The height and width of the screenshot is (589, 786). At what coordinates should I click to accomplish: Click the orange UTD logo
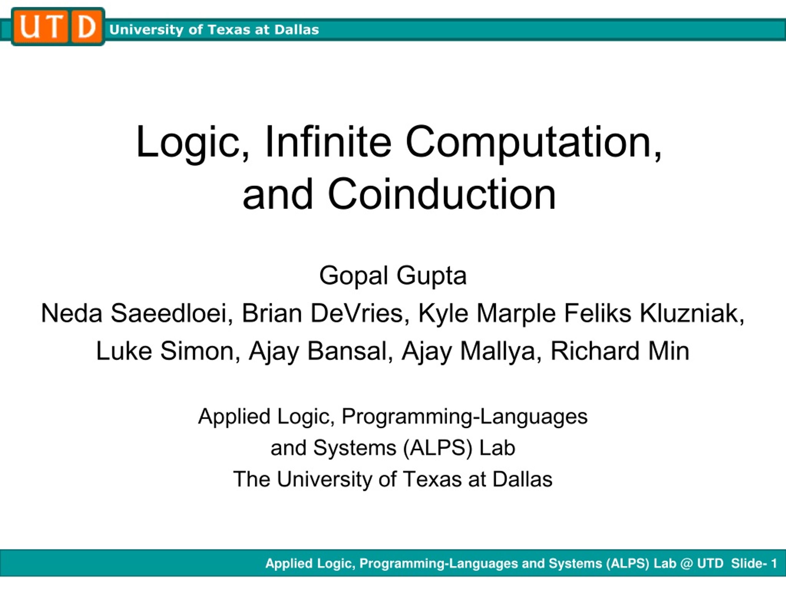pos(58,27)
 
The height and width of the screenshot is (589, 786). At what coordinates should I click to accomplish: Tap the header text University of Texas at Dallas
pos(214,30)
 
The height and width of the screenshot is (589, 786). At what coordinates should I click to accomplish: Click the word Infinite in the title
pos(328,142)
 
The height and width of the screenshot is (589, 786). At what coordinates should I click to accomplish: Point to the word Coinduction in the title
pos(442,194)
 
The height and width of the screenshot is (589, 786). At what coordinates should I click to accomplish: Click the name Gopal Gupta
pos(393,276)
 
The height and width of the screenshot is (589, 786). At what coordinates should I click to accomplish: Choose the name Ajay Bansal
pos(317,352)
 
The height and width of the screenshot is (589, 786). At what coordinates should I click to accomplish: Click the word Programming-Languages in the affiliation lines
pos(465,417)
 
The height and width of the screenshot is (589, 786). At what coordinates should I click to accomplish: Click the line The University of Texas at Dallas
pos(393,479)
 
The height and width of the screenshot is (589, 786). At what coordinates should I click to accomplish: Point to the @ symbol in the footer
pos(686,564)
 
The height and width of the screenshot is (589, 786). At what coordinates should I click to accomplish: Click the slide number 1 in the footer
pos(773,564)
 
